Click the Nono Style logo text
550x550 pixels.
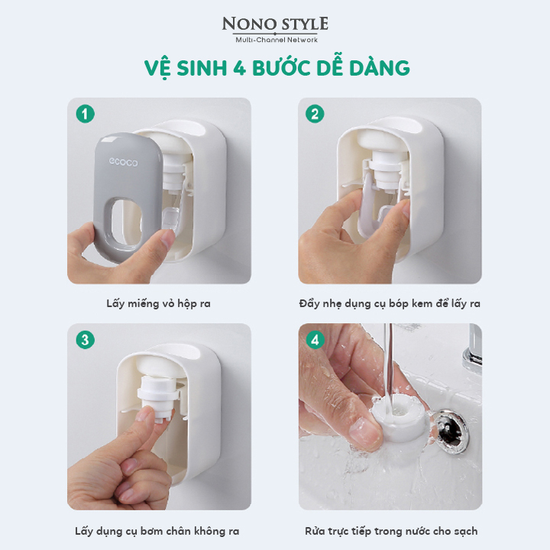[x=275, y=24]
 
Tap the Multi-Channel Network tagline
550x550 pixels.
[x=277, y=40]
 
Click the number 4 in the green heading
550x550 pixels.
[x=239, y=68]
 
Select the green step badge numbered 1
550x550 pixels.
[x=86, y=114]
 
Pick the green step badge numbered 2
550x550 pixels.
[x=315, y=114]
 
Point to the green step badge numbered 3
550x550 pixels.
[x=86, y=340]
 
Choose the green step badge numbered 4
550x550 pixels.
[x=315, y=340]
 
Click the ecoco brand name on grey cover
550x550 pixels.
[x=123, y=162]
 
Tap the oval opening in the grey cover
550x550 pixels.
[x=126, y=222]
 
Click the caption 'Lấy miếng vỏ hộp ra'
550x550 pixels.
[x=159, y=303]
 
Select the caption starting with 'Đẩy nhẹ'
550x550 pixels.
[x=390, y=303]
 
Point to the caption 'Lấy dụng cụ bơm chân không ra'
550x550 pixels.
[x=157, y=531]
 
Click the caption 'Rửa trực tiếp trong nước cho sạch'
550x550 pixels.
[x=391, y=531]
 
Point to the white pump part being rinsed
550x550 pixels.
[x=400, y=417]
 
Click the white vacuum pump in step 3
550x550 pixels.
[x=157, y=396]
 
